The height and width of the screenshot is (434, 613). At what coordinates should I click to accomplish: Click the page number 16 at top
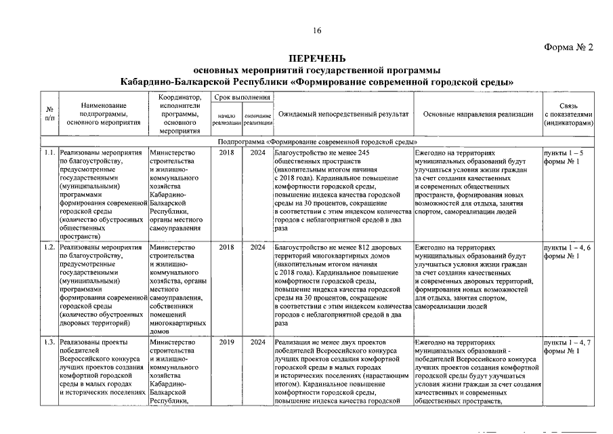point(317,31)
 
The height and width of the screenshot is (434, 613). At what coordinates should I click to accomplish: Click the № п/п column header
point(49,115)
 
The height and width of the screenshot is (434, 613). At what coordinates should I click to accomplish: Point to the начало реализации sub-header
point(227,119)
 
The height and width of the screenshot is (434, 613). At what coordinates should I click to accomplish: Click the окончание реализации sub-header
point(258,119)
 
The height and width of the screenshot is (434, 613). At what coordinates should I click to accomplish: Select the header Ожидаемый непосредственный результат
point(343,114)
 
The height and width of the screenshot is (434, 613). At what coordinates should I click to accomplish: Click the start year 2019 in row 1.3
point(227,342)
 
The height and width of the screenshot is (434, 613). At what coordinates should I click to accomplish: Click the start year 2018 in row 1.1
point(227,153)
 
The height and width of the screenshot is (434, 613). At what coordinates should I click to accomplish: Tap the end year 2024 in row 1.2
point(258,248)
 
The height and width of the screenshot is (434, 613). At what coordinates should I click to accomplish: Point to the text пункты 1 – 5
point(564,153)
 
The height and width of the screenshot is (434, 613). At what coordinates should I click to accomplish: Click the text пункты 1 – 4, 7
point(567,342)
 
